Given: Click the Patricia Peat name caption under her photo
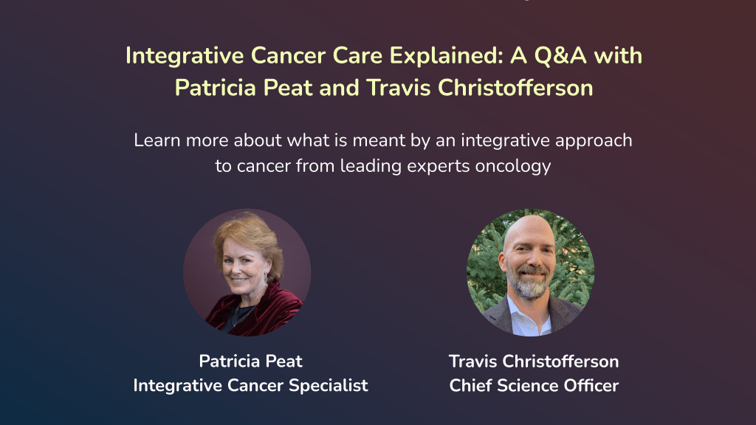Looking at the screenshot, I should click(250, 362).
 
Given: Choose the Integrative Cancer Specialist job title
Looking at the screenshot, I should click(250, 385).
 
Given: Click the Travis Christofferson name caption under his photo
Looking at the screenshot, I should click(533, 362).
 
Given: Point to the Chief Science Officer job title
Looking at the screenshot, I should click(533, 385).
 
